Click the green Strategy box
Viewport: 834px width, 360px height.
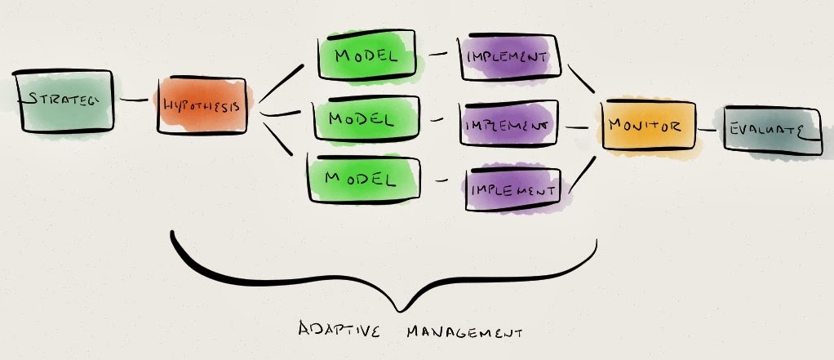pyautogui.click(x=63, y=101)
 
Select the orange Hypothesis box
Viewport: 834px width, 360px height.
pyautogui.click(x=202, y=106)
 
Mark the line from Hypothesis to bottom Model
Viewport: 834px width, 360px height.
pyautogui.click(x=277, y=139)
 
